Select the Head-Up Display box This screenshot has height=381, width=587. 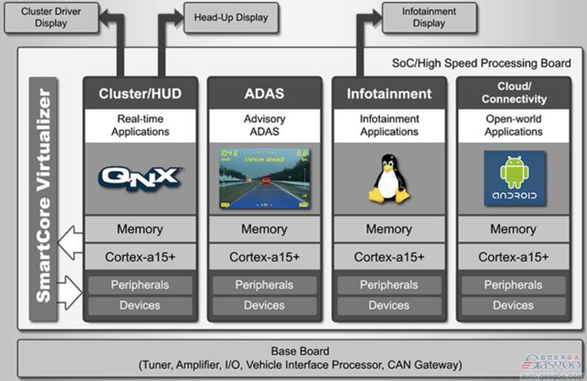pos(231,18)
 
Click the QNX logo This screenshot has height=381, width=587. pos(140,177)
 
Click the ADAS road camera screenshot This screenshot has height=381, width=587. pos(265,178)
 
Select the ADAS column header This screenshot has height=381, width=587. pos(265,94)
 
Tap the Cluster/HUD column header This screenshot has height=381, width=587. pos(140,94)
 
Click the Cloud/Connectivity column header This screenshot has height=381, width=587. pos(514,93)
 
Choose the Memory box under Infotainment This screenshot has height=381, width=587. pos(389,230)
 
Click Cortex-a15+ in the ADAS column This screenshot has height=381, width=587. pos(265,257)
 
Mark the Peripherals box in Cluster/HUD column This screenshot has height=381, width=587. pos(140,285)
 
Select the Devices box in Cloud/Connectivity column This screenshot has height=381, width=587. pos(514,305)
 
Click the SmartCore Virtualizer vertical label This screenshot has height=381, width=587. pos(44,196)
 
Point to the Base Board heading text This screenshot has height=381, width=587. pos(300,351)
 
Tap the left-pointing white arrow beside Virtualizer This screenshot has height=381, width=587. pos(69,243)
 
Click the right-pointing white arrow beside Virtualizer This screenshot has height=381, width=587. pos(69,293)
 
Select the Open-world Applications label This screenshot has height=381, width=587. pos(514,126)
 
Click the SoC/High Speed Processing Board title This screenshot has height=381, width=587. pos(481,63)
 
